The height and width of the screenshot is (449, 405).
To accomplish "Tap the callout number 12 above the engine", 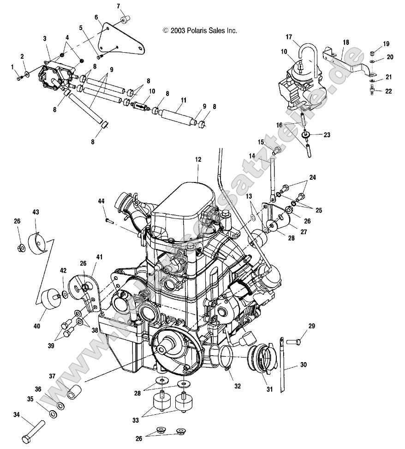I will [x=198, y=159].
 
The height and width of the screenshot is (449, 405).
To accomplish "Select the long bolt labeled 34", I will [x=33, y=430].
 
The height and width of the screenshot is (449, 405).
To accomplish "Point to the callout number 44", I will [x=101, y=201].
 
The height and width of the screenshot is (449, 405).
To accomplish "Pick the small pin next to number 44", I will [x=110, y=220].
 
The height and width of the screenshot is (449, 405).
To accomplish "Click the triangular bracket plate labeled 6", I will [x=121, y=39].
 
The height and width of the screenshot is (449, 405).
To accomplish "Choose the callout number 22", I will [x=388, y=91].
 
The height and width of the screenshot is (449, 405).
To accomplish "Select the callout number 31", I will [x=269, y=389].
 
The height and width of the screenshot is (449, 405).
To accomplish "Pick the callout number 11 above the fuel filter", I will [x=183, y=100].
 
